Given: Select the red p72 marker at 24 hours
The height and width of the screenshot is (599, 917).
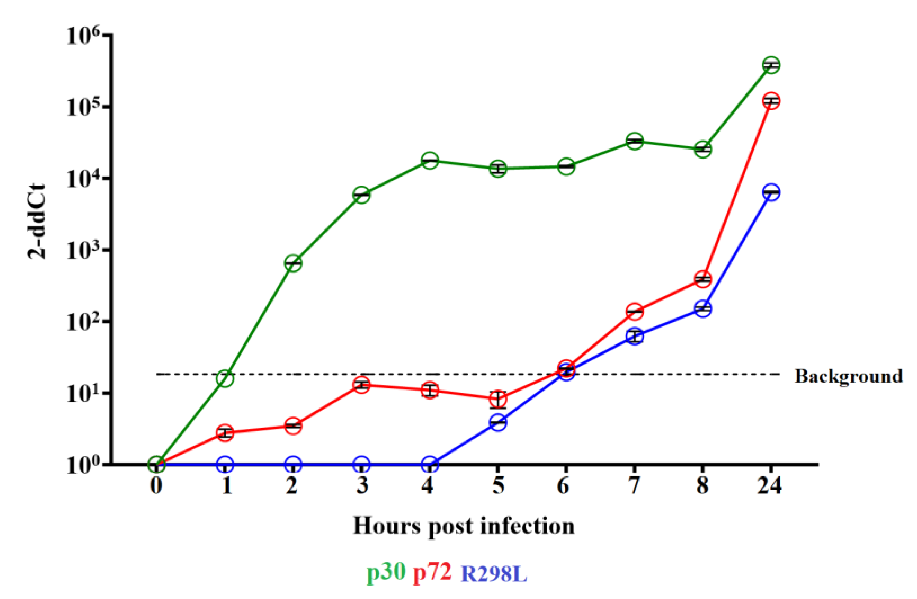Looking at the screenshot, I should click(772, 101).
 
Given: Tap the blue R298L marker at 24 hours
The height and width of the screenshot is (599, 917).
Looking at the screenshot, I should click(772, 192).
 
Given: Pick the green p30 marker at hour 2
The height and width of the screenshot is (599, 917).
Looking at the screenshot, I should click(293, 263).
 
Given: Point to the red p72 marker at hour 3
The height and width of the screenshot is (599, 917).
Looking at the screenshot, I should click(361, 385).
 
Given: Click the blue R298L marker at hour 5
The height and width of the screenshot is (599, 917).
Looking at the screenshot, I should click(498, 422).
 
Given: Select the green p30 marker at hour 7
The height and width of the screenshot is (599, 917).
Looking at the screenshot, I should click(635, 141).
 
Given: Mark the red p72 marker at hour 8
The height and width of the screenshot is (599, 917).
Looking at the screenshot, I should click(703, 279).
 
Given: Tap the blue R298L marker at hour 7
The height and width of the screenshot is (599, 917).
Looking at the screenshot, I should click(635, 336).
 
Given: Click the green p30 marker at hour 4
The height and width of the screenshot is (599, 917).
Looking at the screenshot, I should click(430, 160).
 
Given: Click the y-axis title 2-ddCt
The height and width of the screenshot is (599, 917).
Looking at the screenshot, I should click(37, 222).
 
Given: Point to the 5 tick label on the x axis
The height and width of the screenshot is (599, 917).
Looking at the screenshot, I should click(498, 486).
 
